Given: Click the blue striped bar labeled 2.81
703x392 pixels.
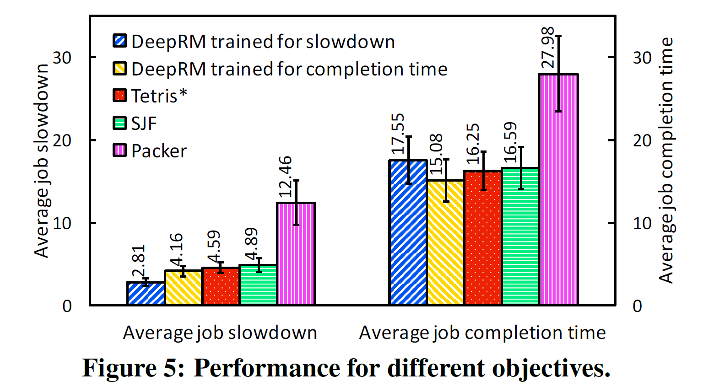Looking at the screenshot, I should point(146,294).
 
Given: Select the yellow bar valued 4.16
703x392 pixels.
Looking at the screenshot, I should point(184,288).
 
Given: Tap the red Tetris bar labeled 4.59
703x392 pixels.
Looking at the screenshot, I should point(221,287).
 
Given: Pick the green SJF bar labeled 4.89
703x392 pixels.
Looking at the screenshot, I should point(259,285).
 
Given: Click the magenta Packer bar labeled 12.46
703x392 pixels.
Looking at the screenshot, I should point(296,254).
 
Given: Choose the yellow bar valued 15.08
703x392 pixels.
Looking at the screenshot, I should point(446,243).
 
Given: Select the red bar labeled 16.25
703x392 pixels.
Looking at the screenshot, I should point(483,238).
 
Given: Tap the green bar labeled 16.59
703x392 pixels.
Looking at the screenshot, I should point(521,236).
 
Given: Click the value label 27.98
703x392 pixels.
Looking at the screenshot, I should point(548,48).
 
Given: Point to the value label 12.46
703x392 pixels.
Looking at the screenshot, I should point(285,177).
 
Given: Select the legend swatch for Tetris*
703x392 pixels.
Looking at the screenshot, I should point(119,96).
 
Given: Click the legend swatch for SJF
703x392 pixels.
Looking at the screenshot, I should point(119,123).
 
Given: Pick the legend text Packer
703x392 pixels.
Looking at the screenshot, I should point(159,151).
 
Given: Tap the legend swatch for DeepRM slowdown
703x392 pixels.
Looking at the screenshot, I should point(119,41).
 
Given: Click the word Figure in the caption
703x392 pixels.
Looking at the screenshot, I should point(119,368).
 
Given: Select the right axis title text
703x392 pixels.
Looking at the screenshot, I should point(666,160).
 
